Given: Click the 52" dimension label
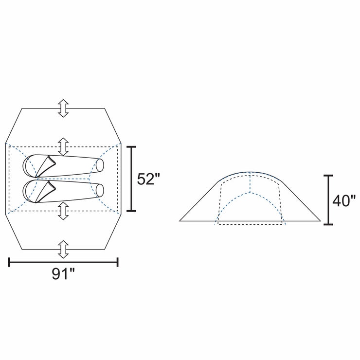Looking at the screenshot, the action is coord(148,179).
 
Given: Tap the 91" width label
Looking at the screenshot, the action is coord(63,273).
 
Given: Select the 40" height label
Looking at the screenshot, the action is coord(344,201).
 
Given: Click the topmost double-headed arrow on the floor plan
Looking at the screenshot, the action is coord(63,108).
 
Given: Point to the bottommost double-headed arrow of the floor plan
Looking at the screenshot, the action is coord(63,250).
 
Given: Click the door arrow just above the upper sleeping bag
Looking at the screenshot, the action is coord(63,147).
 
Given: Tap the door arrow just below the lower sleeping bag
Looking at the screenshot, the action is coord(63,211).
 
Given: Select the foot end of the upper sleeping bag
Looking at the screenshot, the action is coord(100,165).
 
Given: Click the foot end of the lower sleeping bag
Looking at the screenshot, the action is coord(100,191).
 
